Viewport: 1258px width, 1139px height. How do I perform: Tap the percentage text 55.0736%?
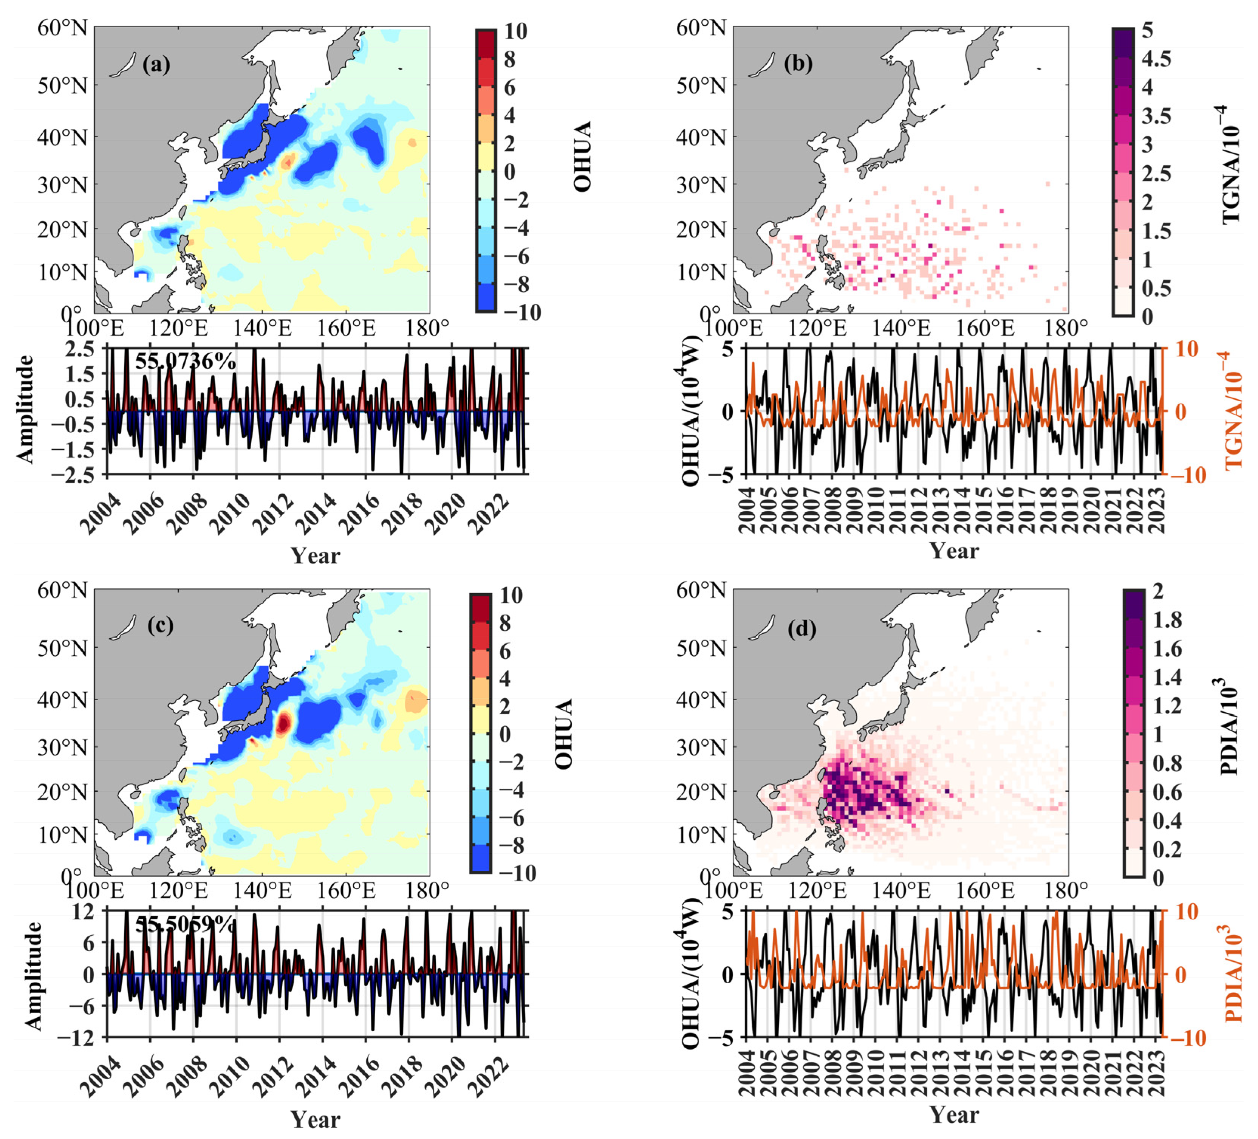pyautogui.click(x=185, y=361)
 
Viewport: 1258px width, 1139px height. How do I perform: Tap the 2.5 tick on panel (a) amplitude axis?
pyautogui.click(x=83, y=348)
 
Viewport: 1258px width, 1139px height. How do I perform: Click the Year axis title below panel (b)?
pyautogui.click(x=953, y=551)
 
